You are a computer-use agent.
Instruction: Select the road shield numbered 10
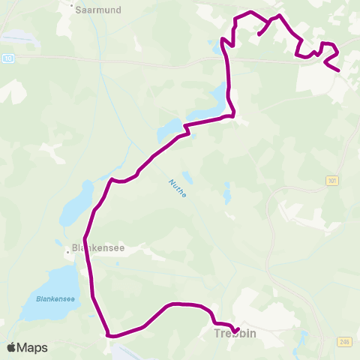coord(7,57)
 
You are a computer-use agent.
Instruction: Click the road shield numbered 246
coord(343,341)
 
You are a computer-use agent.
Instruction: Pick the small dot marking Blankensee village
coord(67,252)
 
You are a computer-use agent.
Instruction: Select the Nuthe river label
coord(177,188)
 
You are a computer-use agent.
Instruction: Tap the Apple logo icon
coord(13,348)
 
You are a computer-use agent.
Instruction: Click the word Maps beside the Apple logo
coord(32,348)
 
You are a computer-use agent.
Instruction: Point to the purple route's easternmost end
coord(339,71)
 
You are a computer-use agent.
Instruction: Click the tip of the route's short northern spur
coord(259,34)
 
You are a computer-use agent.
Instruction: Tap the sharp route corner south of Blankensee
coord(109,335)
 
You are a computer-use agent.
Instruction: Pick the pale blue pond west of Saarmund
coord(19,35)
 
